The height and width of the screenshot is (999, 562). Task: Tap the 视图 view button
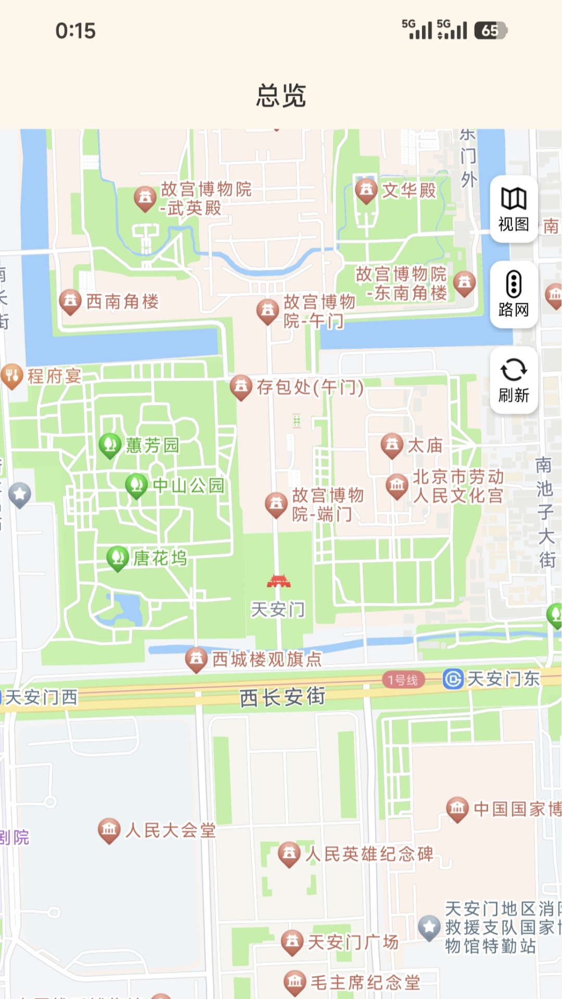(514, 209)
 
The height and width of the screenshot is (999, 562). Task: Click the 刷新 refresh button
(514, 380)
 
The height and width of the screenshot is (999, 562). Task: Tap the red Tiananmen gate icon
(278, 581)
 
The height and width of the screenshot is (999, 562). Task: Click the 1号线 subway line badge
(403, 680)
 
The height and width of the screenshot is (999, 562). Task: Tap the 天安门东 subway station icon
(453, 679)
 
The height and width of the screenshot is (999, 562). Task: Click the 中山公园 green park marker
(136, 485)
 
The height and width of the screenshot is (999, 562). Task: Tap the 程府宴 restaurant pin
(12, 375)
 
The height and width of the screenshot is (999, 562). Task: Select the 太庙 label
(425, 445)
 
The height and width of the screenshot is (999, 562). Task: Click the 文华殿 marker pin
(366, 190)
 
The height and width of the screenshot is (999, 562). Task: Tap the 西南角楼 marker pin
(70, 301)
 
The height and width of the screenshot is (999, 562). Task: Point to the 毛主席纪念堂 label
(365, 982)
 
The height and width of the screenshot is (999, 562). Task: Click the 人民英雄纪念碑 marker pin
(289, 854)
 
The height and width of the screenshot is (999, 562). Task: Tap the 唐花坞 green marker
(118, 558)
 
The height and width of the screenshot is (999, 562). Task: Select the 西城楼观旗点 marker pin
(196, 659)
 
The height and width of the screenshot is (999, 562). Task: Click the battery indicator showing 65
(490, 31)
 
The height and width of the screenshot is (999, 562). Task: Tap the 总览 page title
(281, 96)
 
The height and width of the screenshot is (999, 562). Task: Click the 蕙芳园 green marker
(110, 445)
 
